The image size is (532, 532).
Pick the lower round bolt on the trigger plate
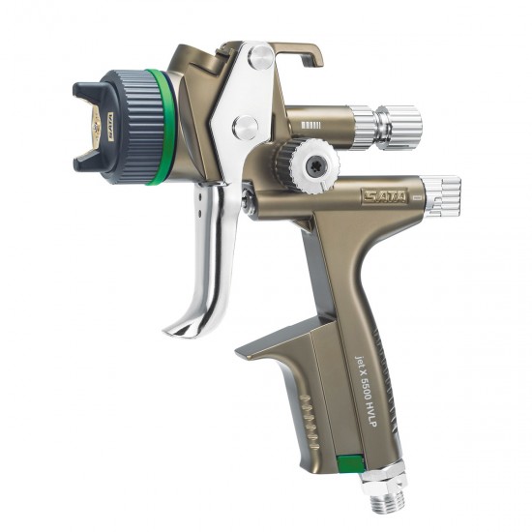246,126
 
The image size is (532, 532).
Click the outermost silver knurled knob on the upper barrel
400,127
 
